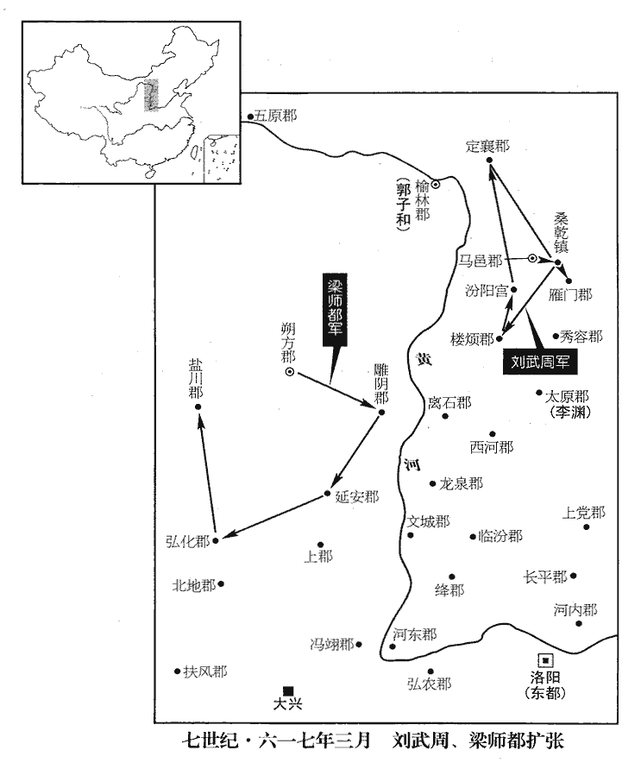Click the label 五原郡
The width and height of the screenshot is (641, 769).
(x=275, y=117)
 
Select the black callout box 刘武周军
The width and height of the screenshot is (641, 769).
(x=540, y=362)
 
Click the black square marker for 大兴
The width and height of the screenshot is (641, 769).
(x=288, y=690)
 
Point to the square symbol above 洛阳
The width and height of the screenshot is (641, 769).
(x=545, y=660)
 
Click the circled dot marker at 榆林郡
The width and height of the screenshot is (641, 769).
(x=435, y=185)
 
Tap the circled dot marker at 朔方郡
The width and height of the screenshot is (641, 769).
(x=290, y=372)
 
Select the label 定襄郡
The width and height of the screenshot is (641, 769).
(x=487, y=146)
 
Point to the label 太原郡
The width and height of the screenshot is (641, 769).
(x=567, y=396)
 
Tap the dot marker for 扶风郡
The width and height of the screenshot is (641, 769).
(x=178, y=671)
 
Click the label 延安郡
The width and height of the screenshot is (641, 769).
(x=357, y=497)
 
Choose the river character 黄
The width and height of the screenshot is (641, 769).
(x=424, y=360)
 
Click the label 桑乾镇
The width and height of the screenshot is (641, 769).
(x=561, y=232)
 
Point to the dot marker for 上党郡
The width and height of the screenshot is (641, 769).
(x=586, y=526)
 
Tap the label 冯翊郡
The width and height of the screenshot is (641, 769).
(x=332, y=644)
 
